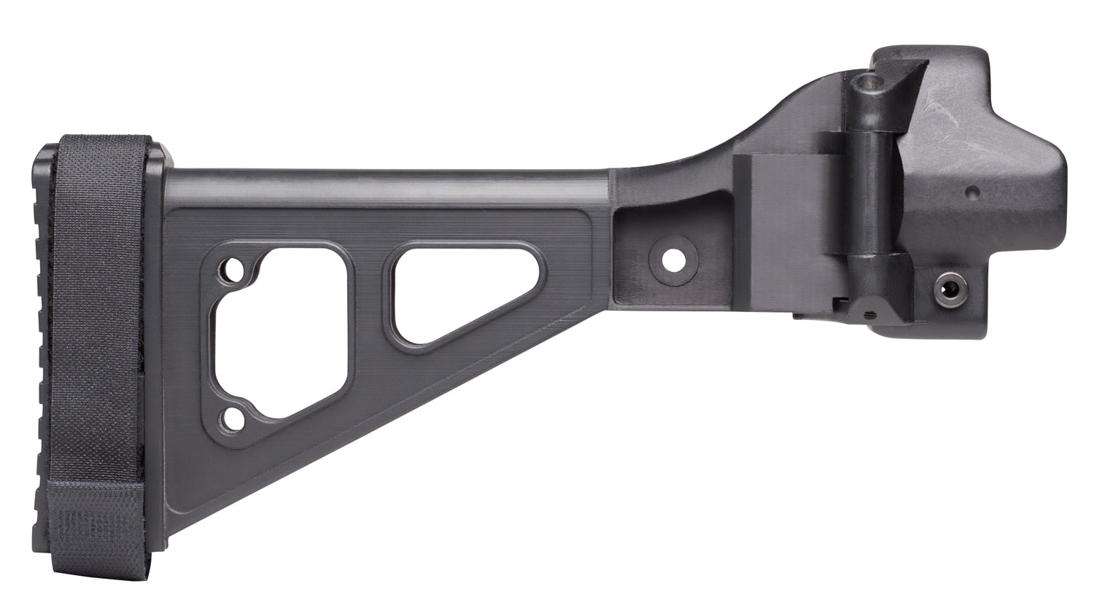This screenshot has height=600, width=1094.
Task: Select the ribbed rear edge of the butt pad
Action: coord(41,328)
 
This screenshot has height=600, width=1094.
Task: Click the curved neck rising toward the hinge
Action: coord(729,135)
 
